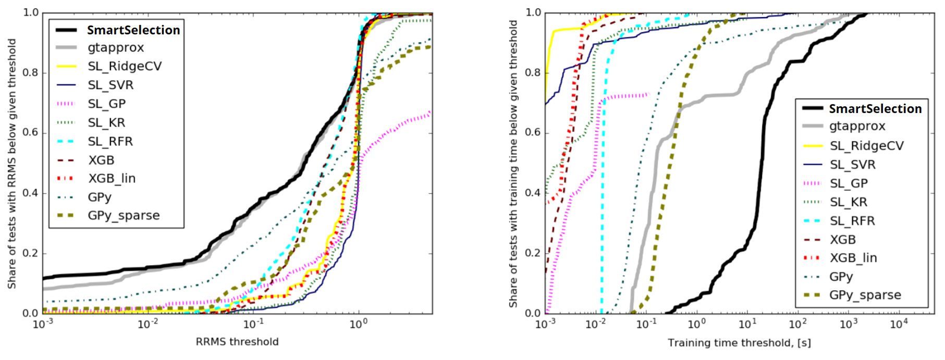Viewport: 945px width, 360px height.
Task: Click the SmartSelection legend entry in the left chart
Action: (133, 30)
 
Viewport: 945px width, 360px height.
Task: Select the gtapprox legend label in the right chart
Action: (857, 126)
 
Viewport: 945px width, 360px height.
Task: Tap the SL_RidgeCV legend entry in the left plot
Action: (125, 66)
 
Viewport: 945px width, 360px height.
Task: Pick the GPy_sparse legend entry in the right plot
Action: (865, 295)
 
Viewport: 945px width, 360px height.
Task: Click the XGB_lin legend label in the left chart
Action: (112, 178)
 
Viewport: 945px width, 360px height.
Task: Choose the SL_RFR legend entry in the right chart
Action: (852, 221)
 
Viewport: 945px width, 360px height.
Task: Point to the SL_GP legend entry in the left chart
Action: (106, 104)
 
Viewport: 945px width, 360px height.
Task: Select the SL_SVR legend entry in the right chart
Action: (852, 165)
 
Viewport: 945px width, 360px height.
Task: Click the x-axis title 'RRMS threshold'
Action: (237, 342)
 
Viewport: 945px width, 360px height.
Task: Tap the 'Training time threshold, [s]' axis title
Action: (739, 343)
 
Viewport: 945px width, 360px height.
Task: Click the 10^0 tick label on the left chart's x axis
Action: (358, 324)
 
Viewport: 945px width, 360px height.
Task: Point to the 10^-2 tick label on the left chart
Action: (148, 324)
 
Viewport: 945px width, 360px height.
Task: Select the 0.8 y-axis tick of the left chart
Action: (31, 72)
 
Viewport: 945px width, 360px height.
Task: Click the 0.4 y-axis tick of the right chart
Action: (533, 193)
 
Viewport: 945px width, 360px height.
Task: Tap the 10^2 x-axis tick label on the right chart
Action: (797, 324)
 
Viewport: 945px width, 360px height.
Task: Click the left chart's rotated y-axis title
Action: (12, 164)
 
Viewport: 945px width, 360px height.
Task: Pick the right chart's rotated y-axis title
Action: (513, 164)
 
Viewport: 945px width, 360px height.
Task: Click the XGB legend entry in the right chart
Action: (842, 240)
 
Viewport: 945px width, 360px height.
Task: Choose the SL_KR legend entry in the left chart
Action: (106, 122)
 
